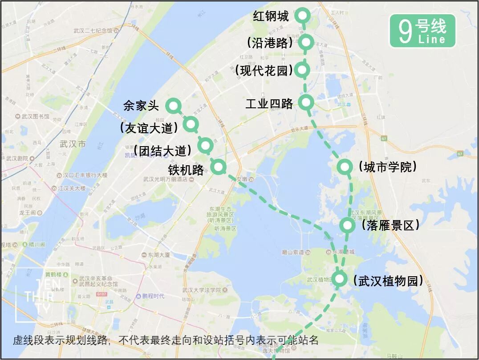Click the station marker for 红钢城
pyautogui.click(x=303, y=16)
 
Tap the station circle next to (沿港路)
pyautogui.click(x=306, y=42)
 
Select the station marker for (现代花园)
pyautogui.click(x=303, y=69)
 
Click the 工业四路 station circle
pyautogui.click(x=306, y=102)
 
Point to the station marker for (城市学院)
pyautogui.click(x=345, y=167)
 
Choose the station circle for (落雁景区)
pyautogui.click(x=347, y=225)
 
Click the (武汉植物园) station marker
pyautogui.click(x=339, y=279)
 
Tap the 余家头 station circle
pyautogui.click(x=173, y=106)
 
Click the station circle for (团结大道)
pyautogui.click(x=205, y=145)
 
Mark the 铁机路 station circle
pyautogui.click(x=219, y=167)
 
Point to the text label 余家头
pyautogui.click(x=141, y=106)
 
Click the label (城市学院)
pyautogui.click(x=388, y=167)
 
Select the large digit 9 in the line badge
pyautogui.click(x=405, y=32)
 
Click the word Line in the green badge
pyautogui.click(x=432, y=40)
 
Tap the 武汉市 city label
pyautogui.click(x=72, y=144)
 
